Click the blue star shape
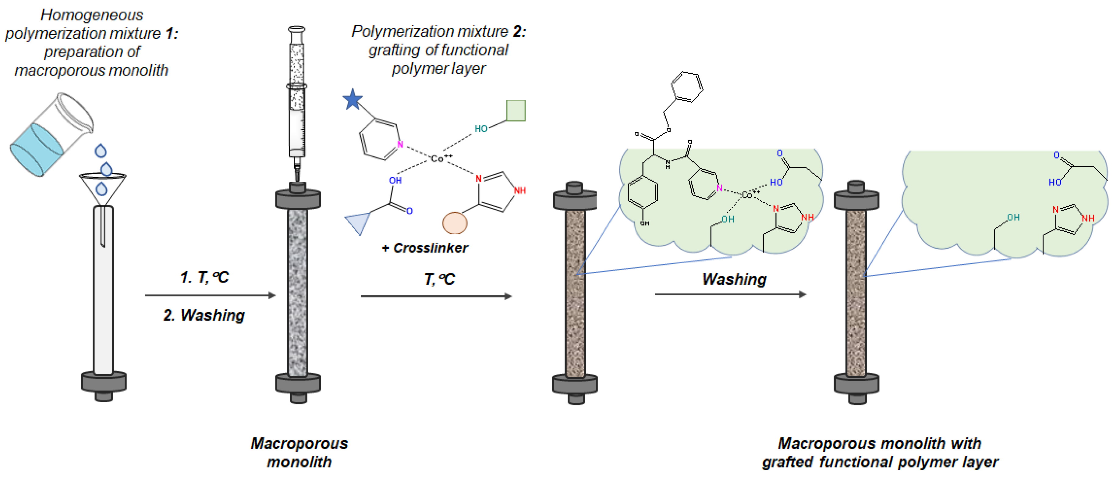[x=353, y=99]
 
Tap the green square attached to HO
[x=516, y=111]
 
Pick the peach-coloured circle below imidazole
[x=455, y=223]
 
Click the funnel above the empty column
[x=103, y=186]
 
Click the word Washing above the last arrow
[x=734, y=279]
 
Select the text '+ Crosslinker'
[x=425, y=248]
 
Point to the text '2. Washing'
[x=204, y=315]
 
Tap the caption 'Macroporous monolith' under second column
[x=299, y=452]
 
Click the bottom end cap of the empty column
[x=104, y=383]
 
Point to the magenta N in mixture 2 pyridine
[x=400, y=144]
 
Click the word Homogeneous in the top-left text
[x=92, y=15]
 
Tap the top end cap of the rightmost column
[x=856, y=197]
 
